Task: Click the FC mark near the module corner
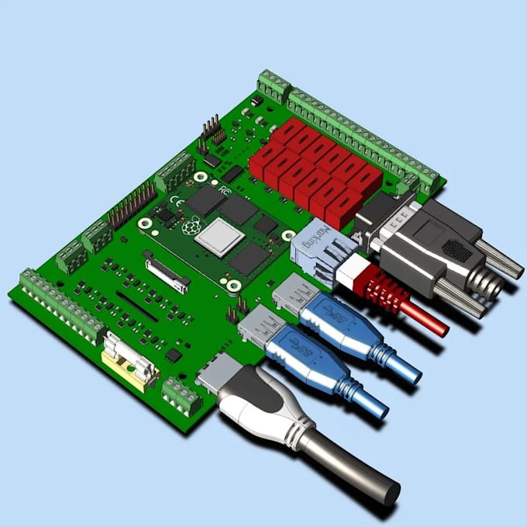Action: coord(223,189)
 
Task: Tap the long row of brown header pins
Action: coord(132,206)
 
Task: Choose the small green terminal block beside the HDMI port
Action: coord(181,397)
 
